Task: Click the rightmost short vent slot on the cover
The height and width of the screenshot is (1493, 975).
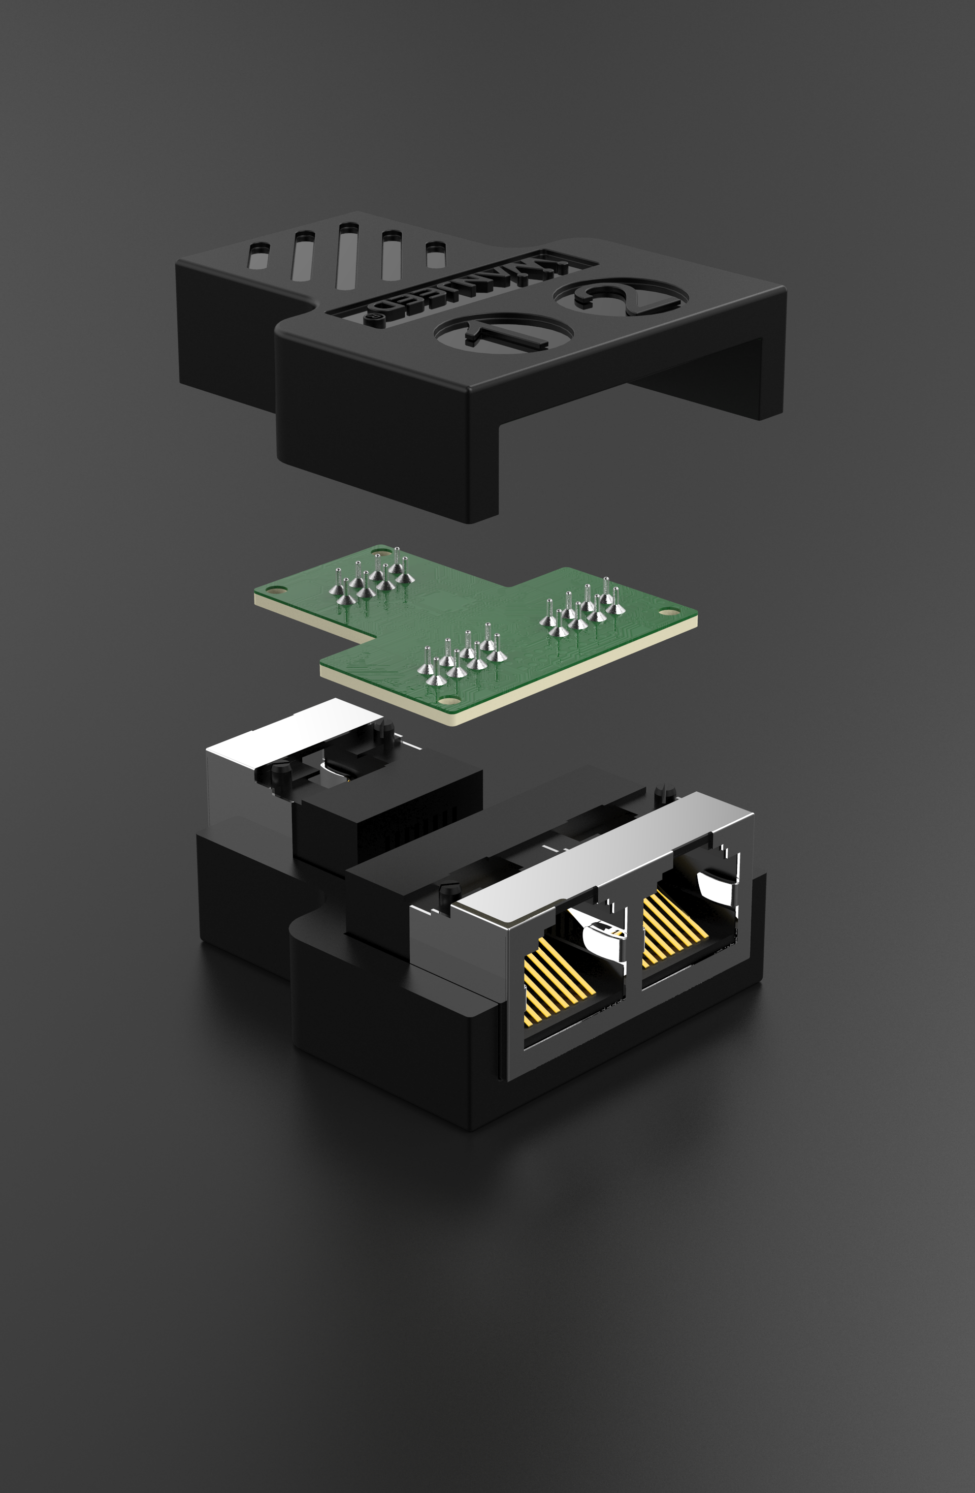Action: (435, 254)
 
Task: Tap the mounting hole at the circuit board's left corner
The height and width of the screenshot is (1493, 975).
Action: (274, 589)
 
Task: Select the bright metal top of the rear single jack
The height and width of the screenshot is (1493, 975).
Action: (295, 734)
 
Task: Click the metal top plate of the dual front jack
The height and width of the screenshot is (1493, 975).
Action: (602, 847)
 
